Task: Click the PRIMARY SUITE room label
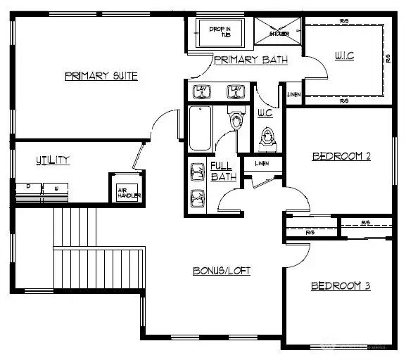coord(101,76)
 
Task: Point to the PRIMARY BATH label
coord(250,60)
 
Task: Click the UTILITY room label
coord(53,160)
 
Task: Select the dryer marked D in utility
coord(28,188)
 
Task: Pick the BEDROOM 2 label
coord(341,156)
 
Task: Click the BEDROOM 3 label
coord(341,286)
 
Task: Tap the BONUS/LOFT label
coord(222,271)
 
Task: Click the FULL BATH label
coord(223,171)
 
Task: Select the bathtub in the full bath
coord(199,129)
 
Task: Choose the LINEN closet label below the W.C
coord(262,164)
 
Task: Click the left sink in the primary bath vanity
coord(201,91)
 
